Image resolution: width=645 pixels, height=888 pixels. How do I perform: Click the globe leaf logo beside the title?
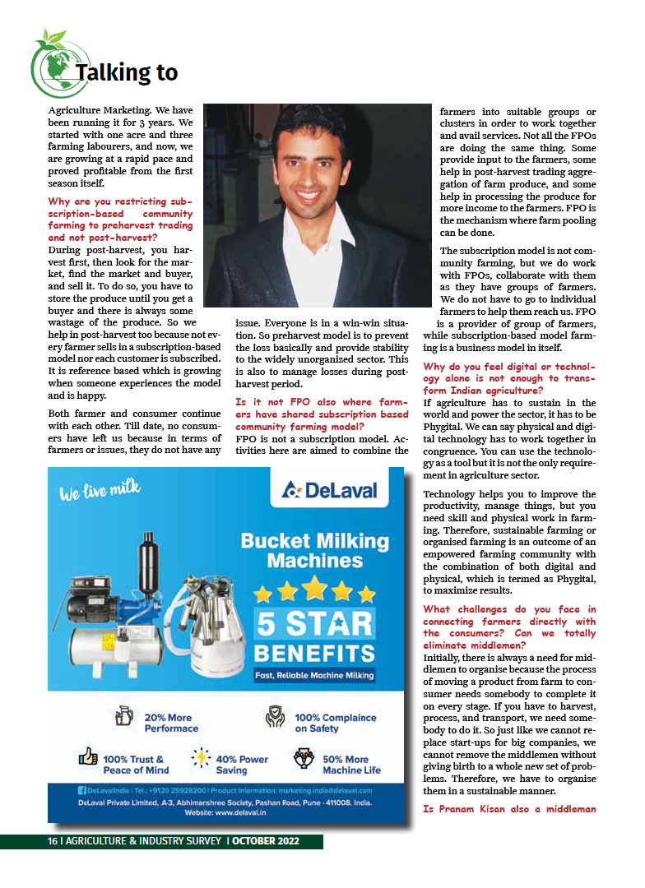[52, 65]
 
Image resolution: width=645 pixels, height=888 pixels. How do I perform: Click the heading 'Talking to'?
[127, 73]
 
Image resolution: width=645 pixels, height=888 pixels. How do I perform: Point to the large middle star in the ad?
[314, 588]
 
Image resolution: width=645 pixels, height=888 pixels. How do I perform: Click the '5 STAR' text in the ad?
[314, 624]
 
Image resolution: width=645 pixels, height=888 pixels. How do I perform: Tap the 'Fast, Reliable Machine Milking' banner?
[314, 676]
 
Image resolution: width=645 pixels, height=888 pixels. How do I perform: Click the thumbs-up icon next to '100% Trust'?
[88, 757]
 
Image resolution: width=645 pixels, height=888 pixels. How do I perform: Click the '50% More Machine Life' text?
[351, 765]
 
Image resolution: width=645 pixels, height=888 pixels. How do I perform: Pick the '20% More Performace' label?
[171, 723]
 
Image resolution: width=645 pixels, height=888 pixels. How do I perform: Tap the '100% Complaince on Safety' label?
[335, 723]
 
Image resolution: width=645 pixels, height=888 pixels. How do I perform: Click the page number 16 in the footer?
[52, 842]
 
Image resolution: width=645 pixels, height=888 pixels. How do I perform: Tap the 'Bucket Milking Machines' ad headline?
[314, 551]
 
